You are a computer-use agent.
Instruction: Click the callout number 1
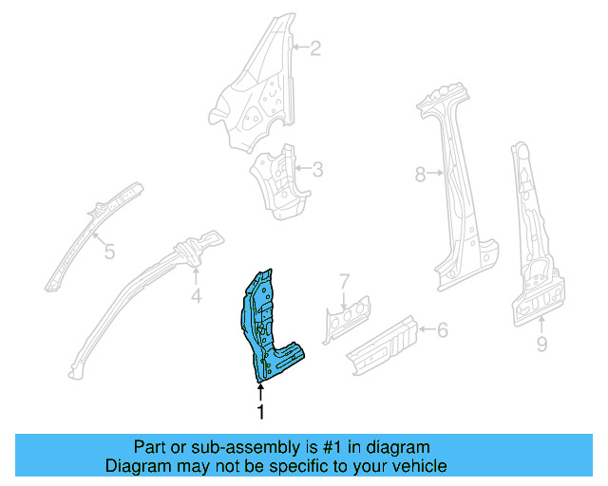click(x=258, y=412)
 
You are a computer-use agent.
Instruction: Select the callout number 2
click(x=316, y=47)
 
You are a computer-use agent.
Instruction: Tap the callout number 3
click(x=317, y=170)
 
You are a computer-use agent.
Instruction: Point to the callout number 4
click(x=196, y=298)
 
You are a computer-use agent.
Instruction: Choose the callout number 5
click(x=109, y=252)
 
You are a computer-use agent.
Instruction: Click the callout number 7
click(x=345, y=281)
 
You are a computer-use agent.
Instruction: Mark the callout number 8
click(x=421, y=174)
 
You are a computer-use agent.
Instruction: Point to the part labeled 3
click(x=275, y=180)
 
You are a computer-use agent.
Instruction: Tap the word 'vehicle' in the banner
click(x=418, y=466)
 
